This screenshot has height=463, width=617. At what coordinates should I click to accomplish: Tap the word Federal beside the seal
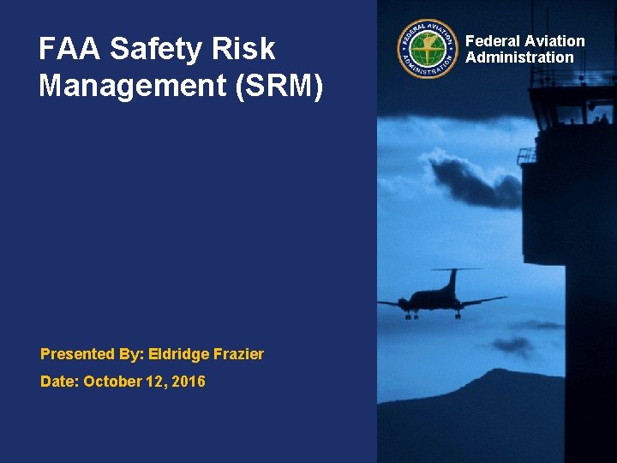pyautogui.click(x=492, y=41)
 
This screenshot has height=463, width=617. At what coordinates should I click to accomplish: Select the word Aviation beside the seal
pyautogui.click(x=554, y=41)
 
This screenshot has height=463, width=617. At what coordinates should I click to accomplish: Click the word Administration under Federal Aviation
pyautogui.click(x=519, y=57)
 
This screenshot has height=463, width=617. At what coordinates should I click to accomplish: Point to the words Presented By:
pyautogui.click(x=92, y=354)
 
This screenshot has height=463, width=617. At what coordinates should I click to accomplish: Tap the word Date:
pyautogui.click(x=60, y=382)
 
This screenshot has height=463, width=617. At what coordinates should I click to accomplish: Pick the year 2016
pyautogui.click(x=189, y=382)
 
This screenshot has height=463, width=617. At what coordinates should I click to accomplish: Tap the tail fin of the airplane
pyautogui.click(x=451, y=278)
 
